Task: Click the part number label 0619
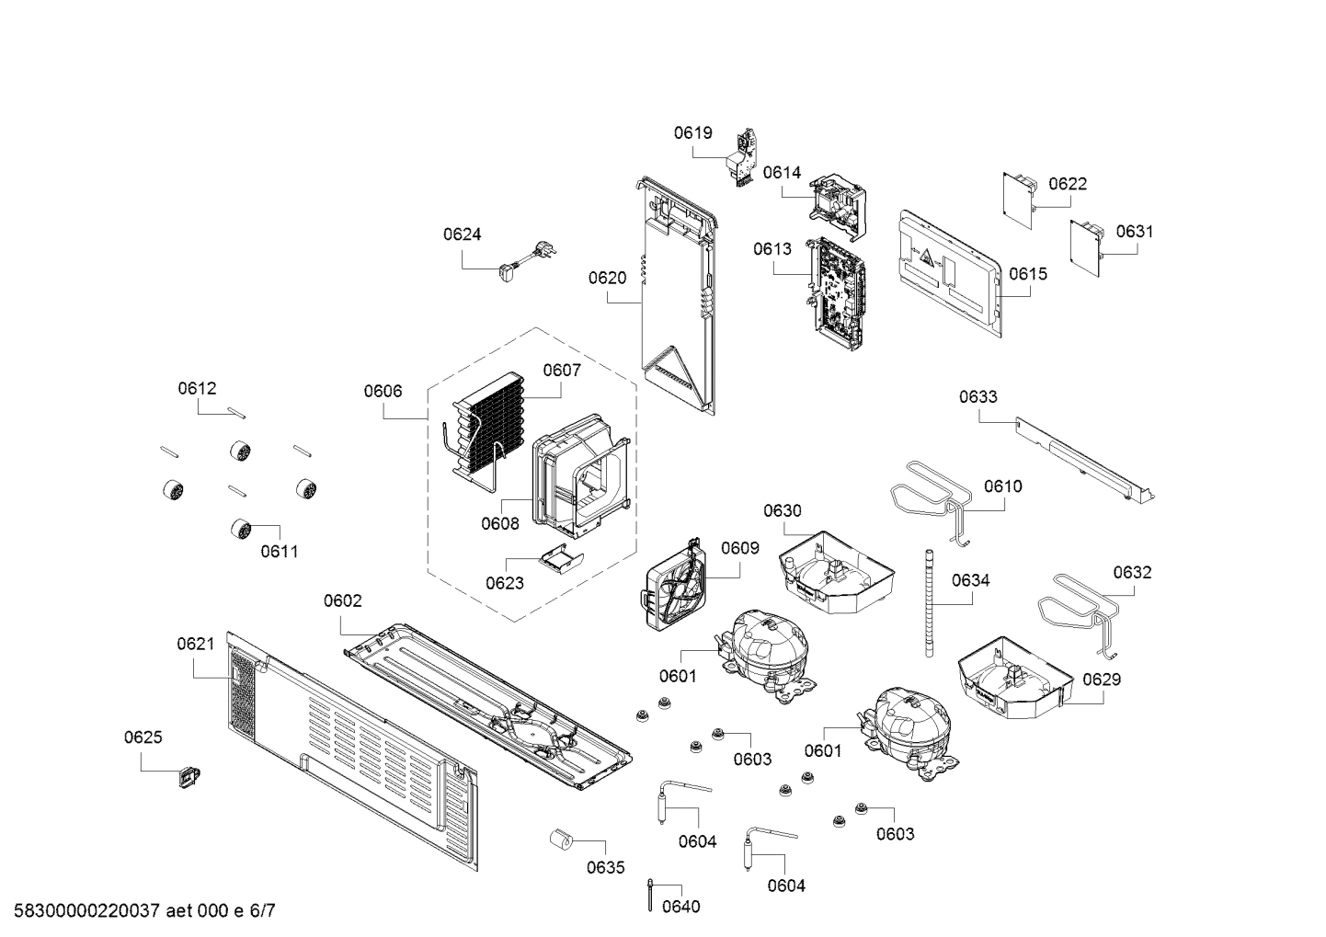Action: [692, 132]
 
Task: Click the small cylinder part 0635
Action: [560, 840]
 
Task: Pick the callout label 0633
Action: [977, 396]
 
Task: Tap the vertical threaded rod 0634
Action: [930, 602]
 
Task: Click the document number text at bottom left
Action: [138, 911]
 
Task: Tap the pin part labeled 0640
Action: [651, 893]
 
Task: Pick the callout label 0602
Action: [342, 600]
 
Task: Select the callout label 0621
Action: [195, 645]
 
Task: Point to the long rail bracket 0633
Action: [1085, 460]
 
